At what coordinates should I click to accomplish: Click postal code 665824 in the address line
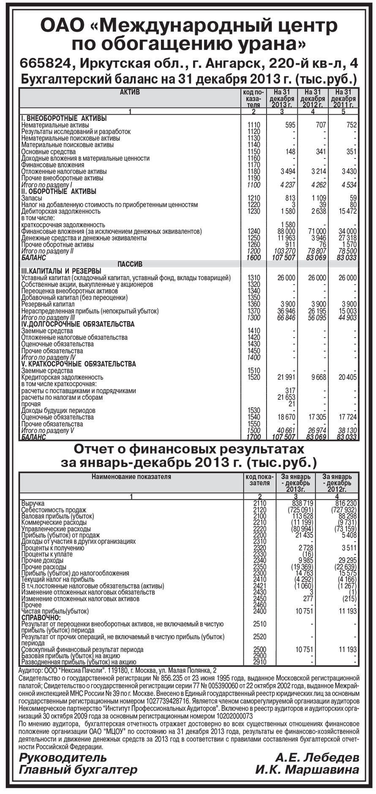[x=46, y=63]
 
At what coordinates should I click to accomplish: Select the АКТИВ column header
[x=130, y=92]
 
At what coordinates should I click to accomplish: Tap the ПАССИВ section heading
[x=130, y=264]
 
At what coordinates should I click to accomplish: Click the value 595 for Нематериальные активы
[x=290, y=125]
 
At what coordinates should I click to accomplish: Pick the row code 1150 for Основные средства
[x=254, y=152]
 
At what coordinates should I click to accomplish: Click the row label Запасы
[x=32, y=198]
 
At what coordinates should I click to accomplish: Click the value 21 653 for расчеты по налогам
[x=286, y=398]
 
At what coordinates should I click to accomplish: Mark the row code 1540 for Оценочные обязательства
[x=254, y=417]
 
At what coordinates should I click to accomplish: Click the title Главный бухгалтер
[x=78, y=770]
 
